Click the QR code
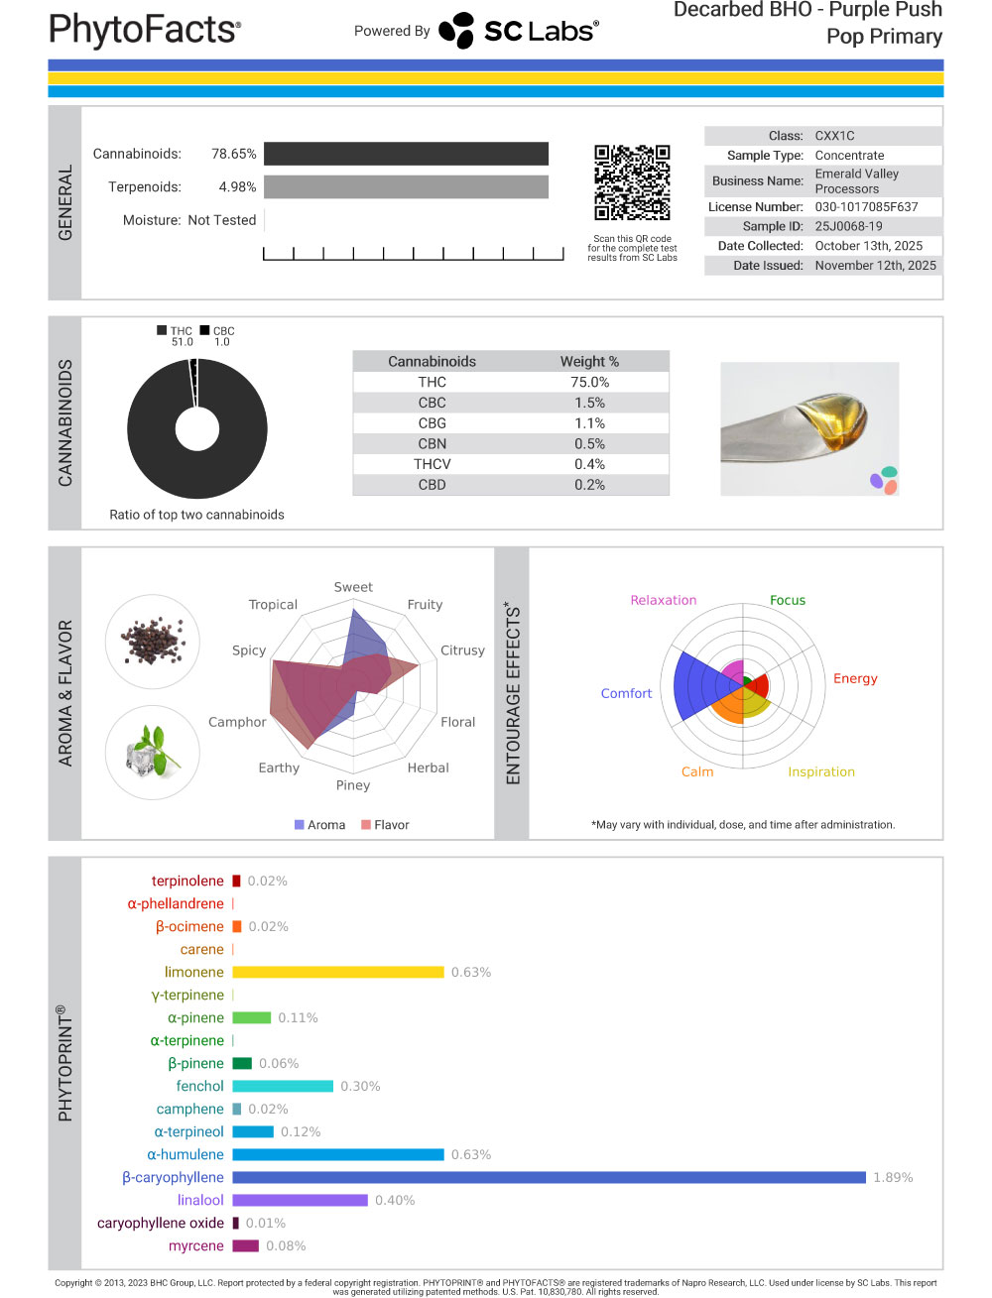[x=632, y=182]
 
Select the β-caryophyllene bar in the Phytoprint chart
[x=549, y=1177]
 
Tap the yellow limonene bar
[x=337, y=972]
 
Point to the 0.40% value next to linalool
[x=395, y=1200]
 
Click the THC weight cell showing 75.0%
[x=589, y=382]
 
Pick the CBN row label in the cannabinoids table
[x=432, y=443]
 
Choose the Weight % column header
[x=589, y=361]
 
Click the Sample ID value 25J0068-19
[x=848, y=226]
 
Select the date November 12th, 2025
[x=875, y=265]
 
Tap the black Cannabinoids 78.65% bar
[x=406, y=154]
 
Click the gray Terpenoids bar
[x=406, y=186]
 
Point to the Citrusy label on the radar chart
[x=462, y=650]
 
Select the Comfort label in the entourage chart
[x=626, y=693]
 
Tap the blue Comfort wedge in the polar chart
[x=692, y=685]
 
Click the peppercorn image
[x=153, y=642]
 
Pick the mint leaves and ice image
[x=153, y=752]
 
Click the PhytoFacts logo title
[x=145, y=30]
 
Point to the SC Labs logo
[x=518, y=31]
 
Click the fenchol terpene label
[x=199, y=1086]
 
